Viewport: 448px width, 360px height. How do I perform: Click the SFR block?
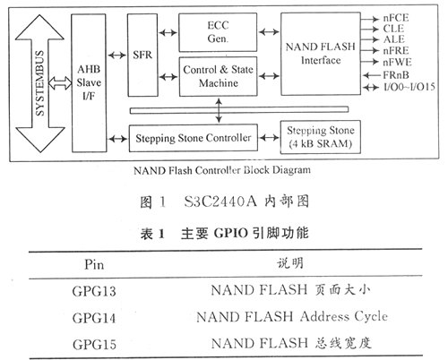point(142,55)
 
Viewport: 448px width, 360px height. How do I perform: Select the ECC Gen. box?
point(218,32)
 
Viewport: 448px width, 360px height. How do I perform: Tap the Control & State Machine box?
point(218,76)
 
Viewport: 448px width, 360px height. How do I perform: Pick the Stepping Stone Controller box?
point(194,138)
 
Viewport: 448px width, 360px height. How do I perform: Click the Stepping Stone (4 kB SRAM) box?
point(321,137)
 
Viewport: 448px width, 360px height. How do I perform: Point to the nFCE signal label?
point(396,18)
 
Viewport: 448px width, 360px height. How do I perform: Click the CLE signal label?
point(393,29)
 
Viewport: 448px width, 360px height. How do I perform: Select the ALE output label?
point(394,39)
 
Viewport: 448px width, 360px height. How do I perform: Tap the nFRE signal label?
point(396,50)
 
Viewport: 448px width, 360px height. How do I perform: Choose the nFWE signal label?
point(397,62)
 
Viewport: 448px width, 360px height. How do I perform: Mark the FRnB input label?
point(396,75)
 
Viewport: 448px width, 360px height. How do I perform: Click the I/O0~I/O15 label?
point(409,87)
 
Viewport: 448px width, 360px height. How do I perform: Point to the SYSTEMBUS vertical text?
point(39,83)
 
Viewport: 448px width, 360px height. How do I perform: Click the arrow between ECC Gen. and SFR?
point(168,32)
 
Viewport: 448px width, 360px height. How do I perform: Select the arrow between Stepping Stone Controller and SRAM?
point(269,138)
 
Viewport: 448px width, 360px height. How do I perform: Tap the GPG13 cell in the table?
point(94,291)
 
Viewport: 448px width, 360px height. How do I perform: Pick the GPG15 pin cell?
point(94,345)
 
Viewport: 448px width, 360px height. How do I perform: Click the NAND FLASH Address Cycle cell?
point(292,317)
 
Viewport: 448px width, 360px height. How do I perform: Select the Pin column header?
point(94,264)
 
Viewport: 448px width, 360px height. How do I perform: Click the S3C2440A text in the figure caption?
point(220,201)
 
